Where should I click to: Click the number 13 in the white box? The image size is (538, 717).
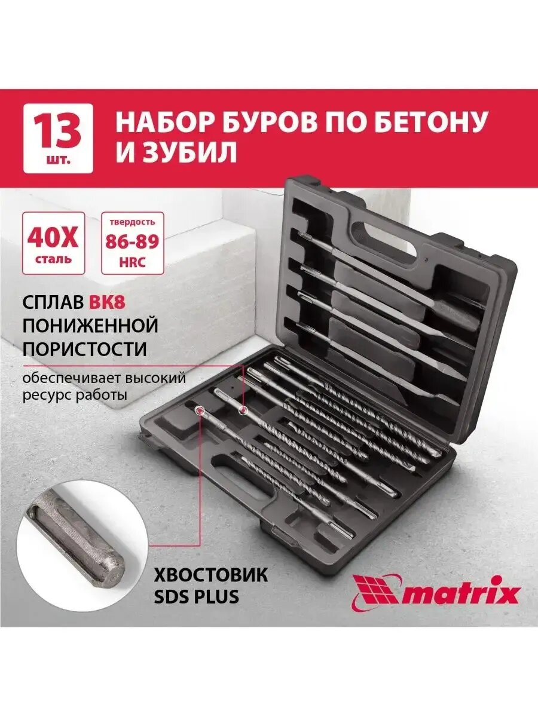[58, 133]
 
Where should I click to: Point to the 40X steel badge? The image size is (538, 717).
[53, 243]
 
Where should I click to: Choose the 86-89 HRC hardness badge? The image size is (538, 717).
[132, 243]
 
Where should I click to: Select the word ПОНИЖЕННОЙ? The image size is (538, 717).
[90, 326]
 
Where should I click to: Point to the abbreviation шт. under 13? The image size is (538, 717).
[58, 160]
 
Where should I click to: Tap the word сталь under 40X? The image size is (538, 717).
[53, 259]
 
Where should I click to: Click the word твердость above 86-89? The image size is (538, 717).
[132, 223]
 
